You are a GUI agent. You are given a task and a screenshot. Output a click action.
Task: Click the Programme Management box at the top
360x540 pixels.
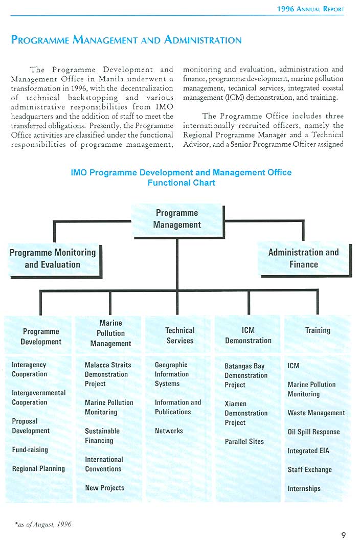click(x=177, y=219)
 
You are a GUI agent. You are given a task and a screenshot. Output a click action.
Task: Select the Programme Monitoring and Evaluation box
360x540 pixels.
click(x=53, y=259)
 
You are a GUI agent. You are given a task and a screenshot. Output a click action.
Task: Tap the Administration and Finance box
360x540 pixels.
click(x=303, y=259)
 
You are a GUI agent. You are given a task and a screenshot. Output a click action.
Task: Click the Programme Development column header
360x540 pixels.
click(x=41, y=336)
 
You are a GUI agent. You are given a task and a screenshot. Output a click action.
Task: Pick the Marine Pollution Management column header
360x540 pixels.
click(x=110, y=333)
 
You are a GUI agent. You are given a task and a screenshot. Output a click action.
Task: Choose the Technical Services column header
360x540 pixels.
click(x=180, y=335)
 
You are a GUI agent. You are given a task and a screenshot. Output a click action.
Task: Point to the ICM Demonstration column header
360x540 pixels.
click(x=248, y=335)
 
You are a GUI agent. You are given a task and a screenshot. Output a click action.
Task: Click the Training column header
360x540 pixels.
click(x=318, y=330)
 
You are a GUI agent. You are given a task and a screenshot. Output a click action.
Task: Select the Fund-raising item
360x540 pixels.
click(x=30, y=450)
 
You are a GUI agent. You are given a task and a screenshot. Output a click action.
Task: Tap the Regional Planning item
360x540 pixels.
click(x=38, y=469)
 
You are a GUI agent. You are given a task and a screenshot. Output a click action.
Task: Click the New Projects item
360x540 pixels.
click(x=104, y=488)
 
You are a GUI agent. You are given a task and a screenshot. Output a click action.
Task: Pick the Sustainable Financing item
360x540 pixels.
click(x=102, y=436)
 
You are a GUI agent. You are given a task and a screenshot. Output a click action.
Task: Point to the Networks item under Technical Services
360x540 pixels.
click(x=169, y=431)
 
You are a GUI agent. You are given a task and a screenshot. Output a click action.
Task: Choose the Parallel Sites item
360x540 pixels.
click(x=244, y=441)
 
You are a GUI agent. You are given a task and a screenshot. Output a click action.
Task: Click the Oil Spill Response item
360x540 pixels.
click(x=313, y=432)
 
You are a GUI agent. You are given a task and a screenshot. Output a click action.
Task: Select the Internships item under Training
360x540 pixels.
click(x=304, y=488)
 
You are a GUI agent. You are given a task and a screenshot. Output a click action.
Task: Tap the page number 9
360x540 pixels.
click(x=344, y=535)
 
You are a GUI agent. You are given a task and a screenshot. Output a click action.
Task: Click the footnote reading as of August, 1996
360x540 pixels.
click(x=43, y=524)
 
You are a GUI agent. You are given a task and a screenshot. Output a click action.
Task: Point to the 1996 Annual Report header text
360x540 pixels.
click(x=310, y=9)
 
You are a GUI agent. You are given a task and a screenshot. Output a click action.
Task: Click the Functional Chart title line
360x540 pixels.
click(x=181, y=183)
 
